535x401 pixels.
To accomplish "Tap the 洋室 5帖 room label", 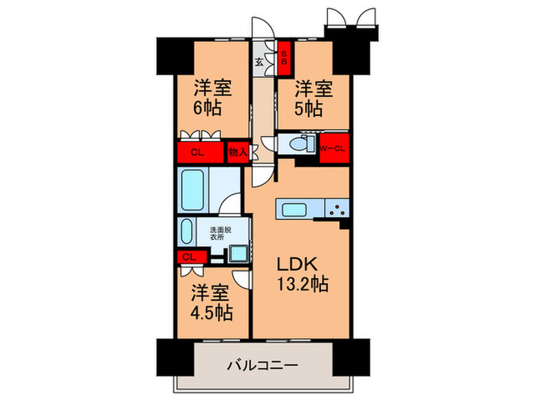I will (313, 97).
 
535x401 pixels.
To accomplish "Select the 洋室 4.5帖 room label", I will (210, 302).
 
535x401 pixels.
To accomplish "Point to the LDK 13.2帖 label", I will (303, 273).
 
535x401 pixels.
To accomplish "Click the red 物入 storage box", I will (238, 152).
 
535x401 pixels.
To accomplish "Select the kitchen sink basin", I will (295, 209).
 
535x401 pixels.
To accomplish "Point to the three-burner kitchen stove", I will (336, 208).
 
